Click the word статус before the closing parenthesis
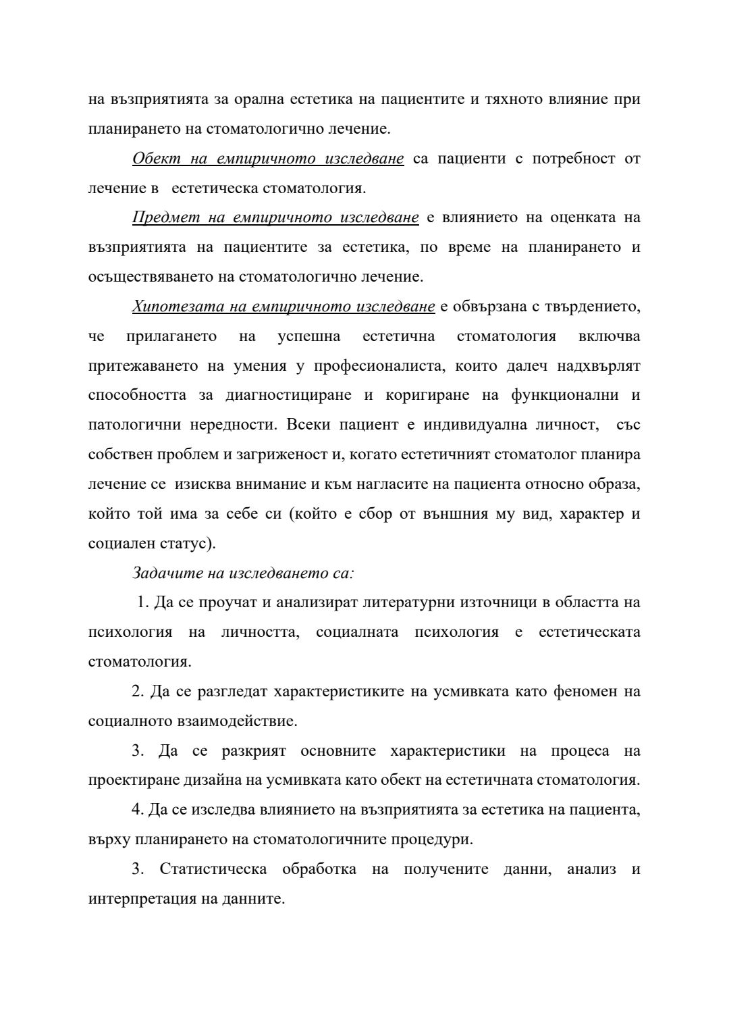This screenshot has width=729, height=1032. pyautogui.click(x=180, y=544)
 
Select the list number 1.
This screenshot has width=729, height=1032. pyautogui.click(x=142, y=603)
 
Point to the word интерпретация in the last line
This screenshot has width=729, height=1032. pyautogui.click(x=138, y=900)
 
